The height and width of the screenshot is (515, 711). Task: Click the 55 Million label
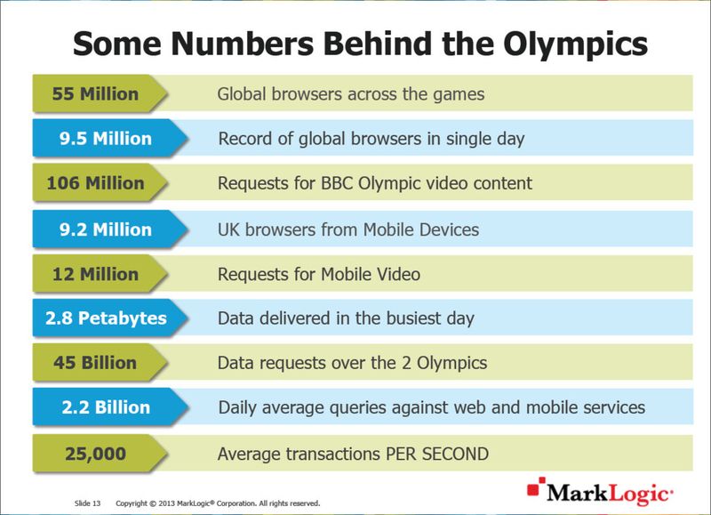pyautogui.click(x=95, y=93)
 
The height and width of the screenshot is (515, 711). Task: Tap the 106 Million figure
pyautogui.click(x=95, y=183)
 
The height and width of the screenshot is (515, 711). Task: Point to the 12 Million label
pyautogui.click(x=95, y=273)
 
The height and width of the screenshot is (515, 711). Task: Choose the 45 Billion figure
pyautogui.click(x=95, y=363)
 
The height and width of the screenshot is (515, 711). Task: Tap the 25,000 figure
pyautogui.click(x=95, y=453)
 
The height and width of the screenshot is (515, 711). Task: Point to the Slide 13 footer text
pyautogui.click(x=86, y=503)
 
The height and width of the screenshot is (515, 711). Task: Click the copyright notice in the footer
pyautogui.click(x=218, y=503)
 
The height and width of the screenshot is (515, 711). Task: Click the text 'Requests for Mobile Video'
pyautogui.click(x=319, y=274)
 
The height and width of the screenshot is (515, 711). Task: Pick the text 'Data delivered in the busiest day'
pyautogui.click(x=346, y=318)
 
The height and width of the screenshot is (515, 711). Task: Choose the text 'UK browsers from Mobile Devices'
pyautogui.click(x=348, y=229)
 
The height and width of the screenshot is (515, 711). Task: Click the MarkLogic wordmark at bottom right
pyautogui.click(x=611, y=492)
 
